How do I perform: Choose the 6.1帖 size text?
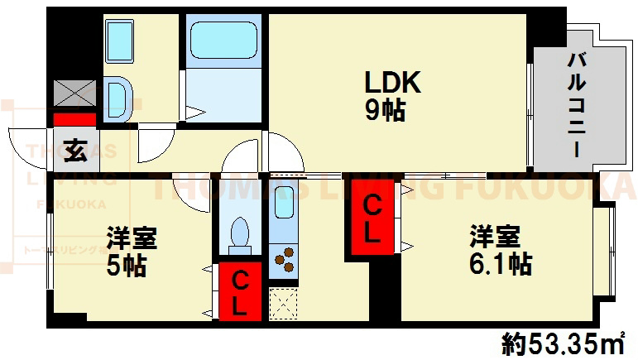click(x=496, y=265)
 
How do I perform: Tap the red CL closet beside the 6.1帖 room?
click(x=372, y=218)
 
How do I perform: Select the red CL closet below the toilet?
click(x=237, y=292)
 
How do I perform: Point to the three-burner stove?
click(x=284, y=258)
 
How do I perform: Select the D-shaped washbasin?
click(x=117, y=97)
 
